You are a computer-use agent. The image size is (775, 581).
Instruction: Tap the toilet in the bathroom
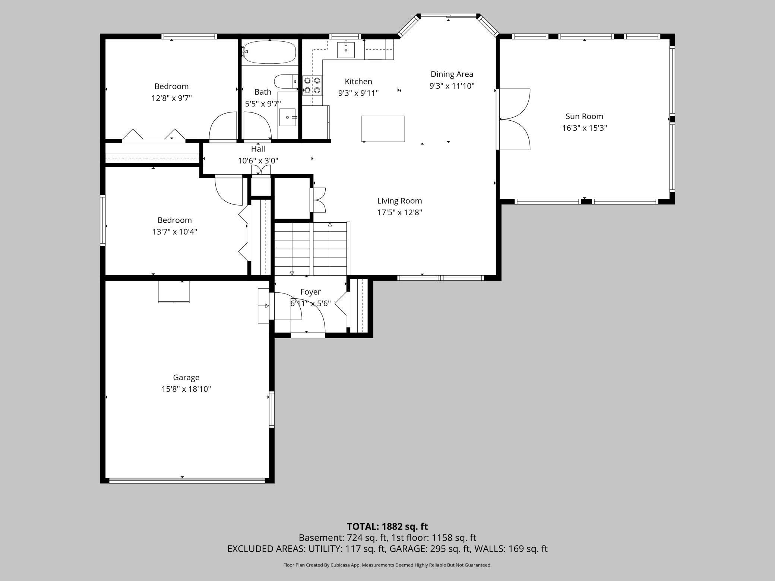point(286,81)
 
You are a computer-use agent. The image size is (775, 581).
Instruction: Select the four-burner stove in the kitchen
point(312,85)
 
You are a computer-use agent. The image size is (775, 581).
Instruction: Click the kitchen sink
point(346,50)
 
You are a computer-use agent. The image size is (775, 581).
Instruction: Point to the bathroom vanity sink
point(288,117)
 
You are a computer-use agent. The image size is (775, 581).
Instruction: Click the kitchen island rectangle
point(383,129)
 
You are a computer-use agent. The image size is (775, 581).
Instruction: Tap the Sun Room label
point(584,116)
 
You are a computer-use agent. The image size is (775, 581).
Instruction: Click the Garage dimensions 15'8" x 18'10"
point(186,389)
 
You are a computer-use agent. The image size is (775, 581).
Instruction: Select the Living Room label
point(399,201)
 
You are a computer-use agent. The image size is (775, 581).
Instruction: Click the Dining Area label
point(452,74)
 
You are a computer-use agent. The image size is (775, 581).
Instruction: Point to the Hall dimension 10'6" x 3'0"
point(258,161)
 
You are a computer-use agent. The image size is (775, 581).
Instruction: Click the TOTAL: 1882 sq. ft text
point(387,527)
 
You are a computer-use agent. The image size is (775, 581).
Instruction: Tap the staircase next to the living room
point(311,249)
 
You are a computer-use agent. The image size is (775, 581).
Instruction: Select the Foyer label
point(310,292)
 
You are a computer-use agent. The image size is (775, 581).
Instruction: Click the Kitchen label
point(358,82)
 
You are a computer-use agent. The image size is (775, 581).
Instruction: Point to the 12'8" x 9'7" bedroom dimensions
point(171,98)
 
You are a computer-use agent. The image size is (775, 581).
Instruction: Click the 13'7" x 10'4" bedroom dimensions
point(175,232)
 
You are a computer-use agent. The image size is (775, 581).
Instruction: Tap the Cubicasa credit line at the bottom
point(387,565)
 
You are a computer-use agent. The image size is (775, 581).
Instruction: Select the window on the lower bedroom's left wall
point(102,220)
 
